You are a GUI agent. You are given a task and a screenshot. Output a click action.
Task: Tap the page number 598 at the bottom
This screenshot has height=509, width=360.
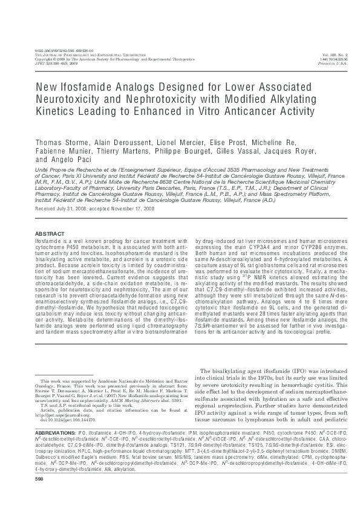point(40,496)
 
